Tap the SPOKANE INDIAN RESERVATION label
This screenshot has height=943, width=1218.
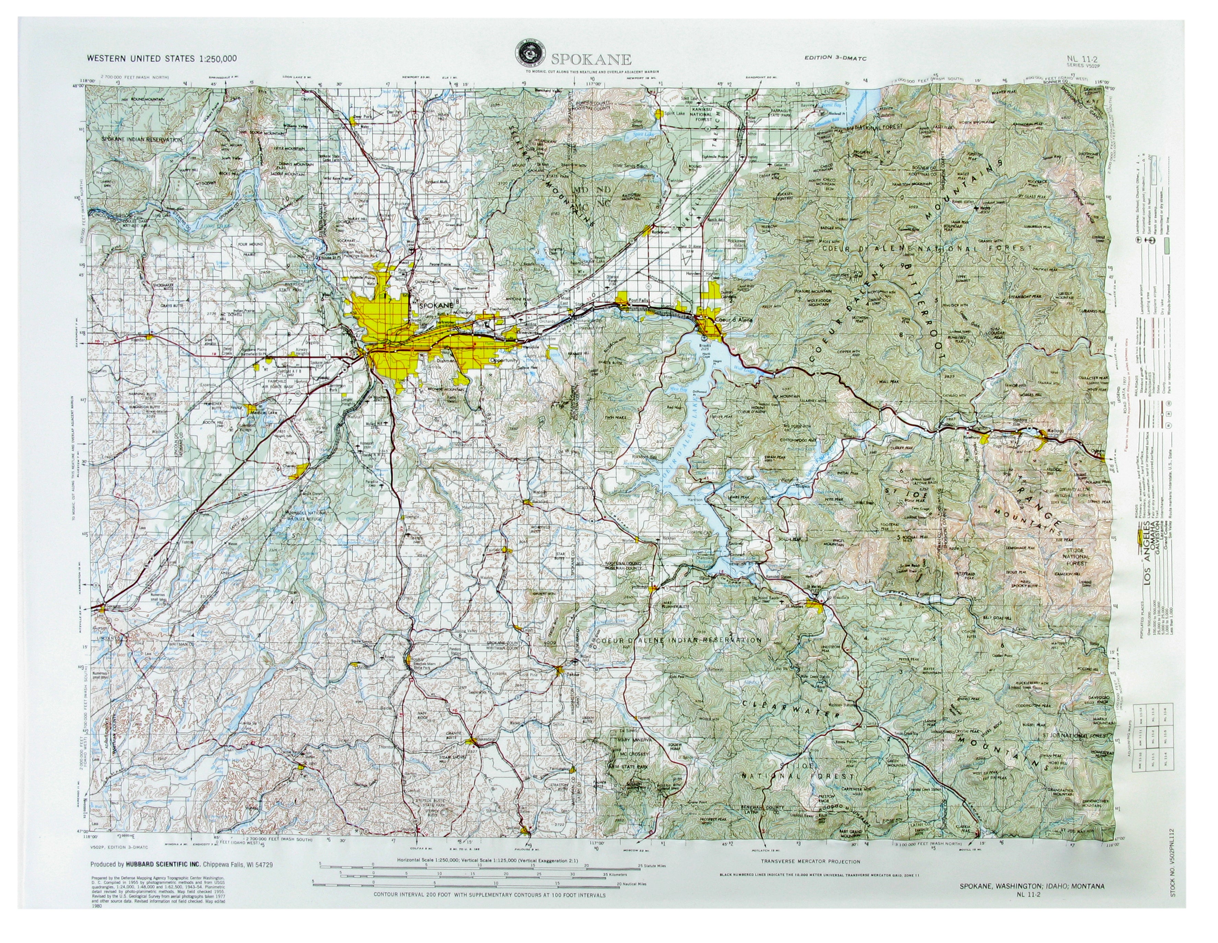pyautogui.click(x=142, y=139)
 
